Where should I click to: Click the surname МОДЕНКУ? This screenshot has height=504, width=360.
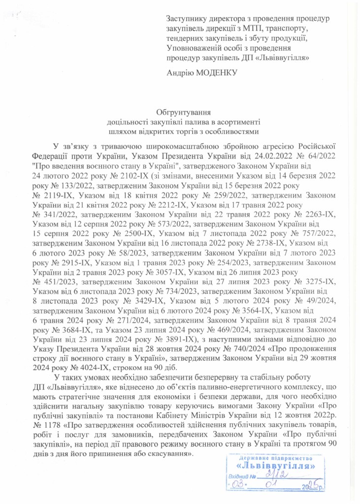click(218, 73)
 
